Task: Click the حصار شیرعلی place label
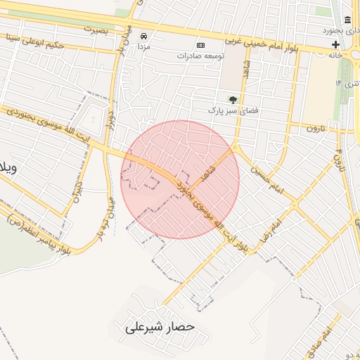159,327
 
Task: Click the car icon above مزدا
144,36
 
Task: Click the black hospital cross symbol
336,44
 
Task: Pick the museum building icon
348,19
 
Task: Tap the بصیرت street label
97,30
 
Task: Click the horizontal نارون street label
321,128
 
